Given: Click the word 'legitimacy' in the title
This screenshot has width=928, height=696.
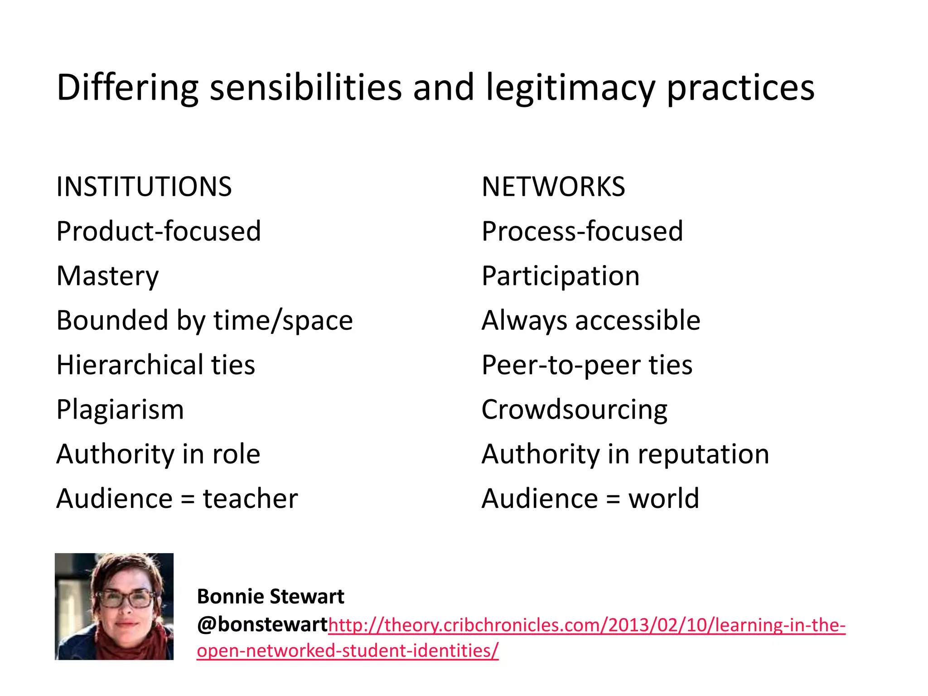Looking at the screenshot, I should coord(570,87).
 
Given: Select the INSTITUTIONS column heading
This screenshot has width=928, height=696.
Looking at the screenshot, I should coord(144,187).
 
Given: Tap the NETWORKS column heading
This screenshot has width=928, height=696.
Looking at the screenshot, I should coord(553,187).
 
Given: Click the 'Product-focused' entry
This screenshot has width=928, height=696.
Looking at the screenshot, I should coord(159,231).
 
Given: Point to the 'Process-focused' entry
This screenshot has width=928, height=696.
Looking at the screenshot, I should coord(582,231).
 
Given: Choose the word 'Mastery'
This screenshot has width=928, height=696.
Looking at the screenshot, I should coord(108,276).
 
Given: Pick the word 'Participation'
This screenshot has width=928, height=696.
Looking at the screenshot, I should coord(561,276).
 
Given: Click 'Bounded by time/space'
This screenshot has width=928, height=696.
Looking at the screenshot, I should coord(204,320).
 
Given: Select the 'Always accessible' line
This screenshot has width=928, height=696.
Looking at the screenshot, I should coord(591,320).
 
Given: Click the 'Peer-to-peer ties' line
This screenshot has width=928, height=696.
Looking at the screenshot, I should coord(587,365).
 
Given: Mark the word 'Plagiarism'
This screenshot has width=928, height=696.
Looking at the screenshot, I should coord(120,410).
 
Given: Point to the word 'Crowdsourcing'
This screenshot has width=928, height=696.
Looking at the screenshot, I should coord(574,410).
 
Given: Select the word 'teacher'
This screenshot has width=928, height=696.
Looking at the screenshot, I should coord(250,498).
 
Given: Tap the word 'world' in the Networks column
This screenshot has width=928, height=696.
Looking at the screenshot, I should coord(663,498).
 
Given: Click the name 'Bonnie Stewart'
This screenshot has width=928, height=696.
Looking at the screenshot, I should coord(271,597).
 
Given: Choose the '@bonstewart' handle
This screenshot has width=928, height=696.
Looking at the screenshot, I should coord(262,624).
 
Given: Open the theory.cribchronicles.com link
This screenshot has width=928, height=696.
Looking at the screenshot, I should coord(586,625).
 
